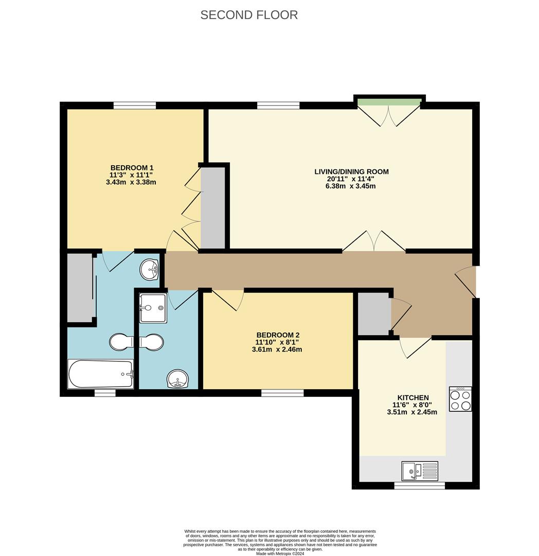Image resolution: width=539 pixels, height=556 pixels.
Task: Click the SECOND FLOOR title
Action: pyautogui.click(x=249, y=15)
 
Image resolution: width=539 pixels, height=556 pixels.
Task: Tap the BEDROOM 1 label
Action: pyautogui.click(x=132, y=168)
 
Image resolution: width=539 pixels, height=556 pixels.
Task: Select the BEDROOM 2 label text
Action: pyautogui.click(x=278, y=335)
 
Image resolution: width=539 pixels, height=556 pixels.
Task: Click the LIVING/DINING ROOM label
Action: pyautogui.click(x=351, y=171)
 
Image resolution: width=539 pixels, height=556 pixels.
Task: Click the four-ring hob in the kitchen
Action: pyautogui.click(x=460, y=399)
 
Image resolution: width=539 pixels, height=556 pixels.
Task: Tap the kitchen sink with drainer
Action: pyautogui.click(x=420, y=471)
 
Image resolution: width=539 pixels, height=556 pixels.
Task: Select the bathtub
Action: pyautogui.click(x=101, y=374)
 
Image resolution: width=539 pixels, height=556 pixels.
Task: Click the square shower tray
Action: pyautogui.click(x=153, y=308)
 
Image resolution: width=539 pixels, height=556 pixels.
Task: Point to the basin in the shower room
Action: pyautogui.click(x=178, y=380)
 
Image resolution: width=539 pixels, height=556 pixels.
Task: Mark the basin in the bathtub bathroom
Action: pyautogui.click(x=150, y=268)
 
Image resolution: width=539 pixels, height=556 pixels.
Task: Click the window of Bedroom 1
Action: pyautogui.click(x=135, y=106)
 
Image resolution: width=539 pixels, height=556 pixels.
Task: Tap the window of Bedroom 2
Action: pyautogui.click(x=282, y=393)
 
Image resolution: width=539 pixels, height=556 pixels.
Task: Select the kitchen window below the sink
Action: pyautogui.click(x=419, y=485)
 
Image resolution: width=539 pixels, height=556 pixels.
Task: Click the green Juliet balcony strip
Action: pyautogui.click(x=389, y=101)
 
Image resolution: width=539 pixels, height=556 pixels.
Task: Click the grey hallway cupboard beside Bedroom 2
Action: pyautogui.click(x=373, y=314)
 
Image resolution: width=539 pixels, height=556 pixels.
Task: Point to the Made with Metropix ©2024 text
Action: pyautogui.click(x=280, y=553)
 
